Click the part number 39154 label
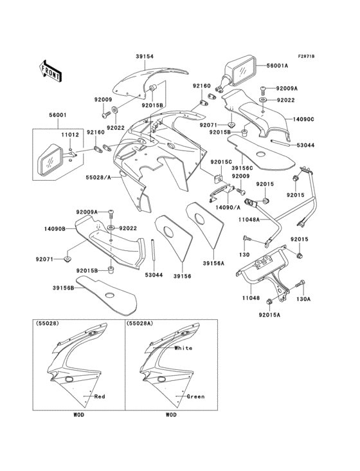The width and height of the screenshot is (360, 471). [145, 57]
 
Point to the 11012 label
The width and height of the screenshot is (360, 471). [70, 136]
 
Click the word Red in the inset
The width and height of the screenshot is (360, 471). [100, 397]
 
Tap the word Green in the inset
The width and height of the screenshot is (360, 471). [195, 397]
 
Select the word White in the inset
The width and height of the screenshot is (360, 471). [183, 347]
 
